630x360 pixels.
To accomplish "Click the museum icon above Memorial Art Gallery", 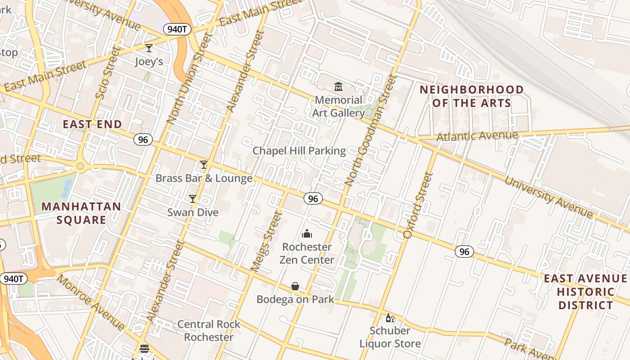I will [338, 86].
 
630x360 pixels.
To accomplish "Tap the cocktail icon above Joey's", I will [149, 48].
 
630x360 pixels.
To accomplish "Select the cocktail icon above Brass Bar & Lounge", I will [204, 165].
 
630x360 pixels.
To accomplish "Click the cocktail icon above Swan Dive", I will [193, 198].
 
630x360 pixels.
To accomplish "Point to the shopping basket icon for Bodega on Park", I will [295, 286].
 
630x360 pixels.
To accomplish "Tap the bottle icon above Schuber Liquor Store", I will [390, 318].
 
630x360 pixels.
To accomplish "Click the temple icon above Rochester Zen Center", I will [307, 234].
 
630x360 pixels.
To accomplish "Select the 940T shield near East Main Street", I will [177, 29].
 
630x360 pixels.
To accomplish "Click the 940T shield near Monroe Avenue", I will [13, 279].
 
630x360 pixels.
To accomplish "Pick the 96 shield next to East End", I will [143, 139].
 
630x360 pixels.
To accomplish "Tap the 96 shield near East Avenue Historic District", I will [464, 252].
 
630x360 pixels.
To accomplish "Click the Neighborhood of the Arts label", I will [472, 96].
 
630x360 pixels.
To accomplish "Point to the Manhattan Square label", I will [81, 213].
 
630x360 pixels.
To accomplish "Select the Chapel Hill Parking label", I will [299, 151].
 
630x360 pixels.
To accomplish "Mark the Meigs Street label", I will [266, 242].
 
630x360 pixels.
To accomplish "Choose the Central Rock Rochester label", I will [209, 330].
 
